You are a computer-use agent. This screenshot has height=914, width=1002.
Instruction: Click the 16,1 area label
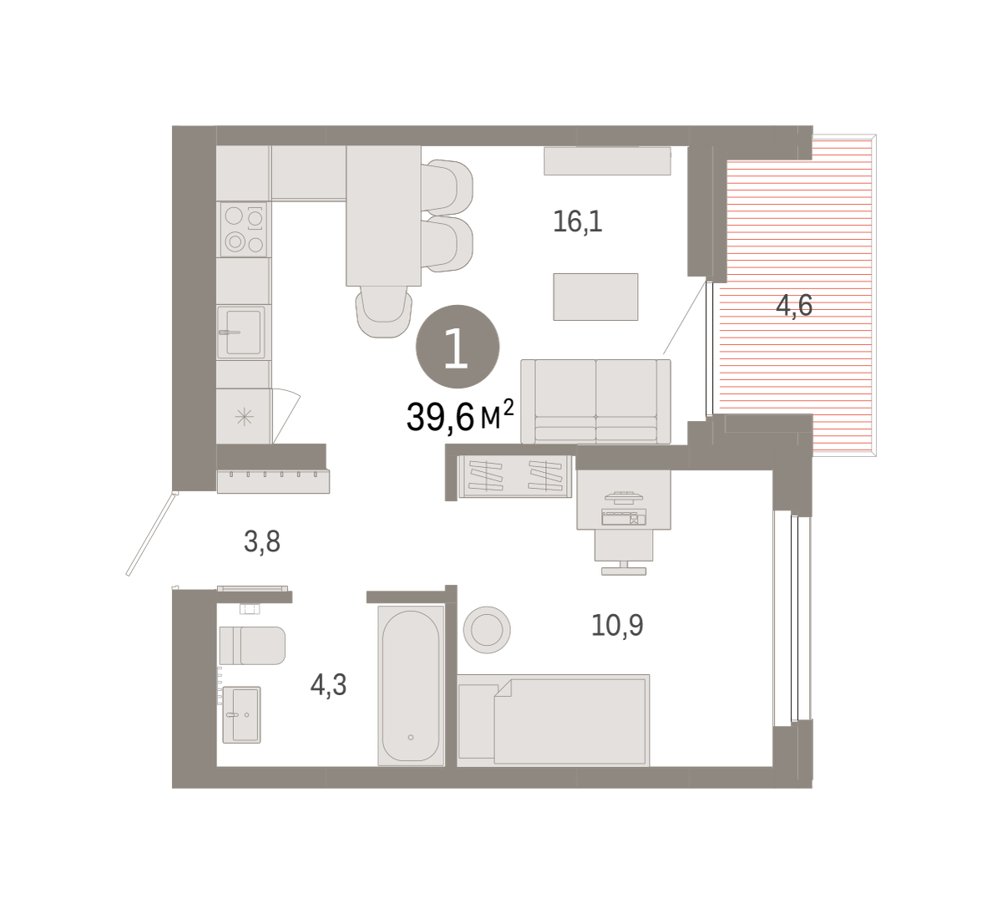click(x=578, y=221)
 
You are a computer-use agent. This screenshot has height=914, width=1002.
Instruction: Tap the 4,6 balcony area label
click(x=794, y=305)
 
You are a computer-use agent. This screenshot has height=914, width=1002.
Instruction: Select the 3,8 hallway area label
click(x=261, y=541)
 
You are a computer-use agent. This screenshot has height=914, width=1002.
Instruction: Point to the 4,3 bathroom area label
click(x=328, y=684)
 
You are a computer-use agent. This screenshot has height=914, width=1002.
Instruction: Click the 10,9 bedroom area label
click(x=617, y=625)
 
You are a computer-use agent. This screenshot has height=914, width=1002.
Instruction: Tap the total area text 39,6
click(x=440, y=417)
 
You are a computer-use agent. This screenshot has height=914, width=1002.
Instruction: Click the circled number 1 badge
click(x=458, y=347)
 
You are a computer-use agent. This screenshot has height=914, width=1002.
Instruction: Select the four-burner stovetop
click(x=243, y=230)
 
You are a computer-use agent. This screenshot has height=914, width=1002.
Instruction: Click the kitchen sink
click(x=240, y=332)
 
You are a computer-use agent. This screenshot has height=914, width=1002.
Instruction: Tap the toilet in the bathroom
click(x=252, y=646)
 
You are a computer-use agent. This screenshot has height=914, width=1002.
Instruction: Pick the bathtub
click(x=411, y=686)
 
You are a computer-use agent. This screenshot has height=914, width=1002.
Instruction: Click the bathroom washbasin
click(x=241, y=714)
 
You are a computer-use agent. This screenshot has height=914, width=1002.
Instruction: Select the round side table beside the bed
click(x=487, y=629)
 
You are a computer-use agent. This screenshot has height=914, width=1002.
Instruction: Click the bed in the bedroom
click(x=554, y=720)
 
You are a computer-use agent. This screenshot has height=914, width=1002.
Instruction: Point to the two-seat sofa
click(x=595, y=402)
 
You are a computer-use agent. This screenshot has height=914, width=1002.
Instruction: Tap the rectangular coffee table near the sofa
click(x=595, y=297)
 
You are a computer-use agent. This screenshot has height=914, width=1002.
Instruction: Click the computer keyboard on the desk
click(x=624, y=517)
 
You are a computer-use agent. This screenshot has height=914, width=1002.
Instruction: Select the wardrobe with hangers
click(x=515, y=476)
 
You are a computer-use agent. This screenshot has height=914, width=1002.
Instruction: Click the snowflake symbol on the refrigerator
click(x=245, y=417)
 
